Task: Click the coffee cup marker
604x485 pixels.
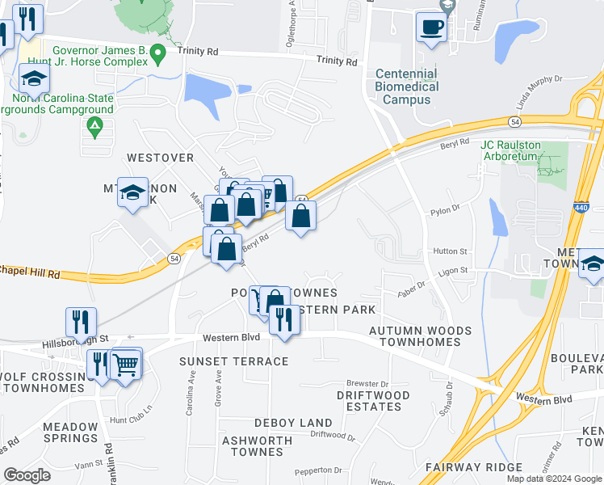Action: click(x=431, y=27)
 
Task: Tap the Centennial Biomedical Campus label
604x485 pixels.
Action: click(x=407, y=86)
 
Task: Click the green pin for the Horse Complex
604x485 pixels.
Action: click(x=158, y=54)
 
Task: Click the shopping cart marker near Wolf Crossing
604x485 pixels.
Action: click(x=125, y=364)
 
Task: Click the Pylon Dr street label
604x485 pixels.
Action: click(x=445, y=209)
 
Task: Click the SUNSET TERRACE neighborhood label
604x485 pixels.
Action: click(x=233, y=361)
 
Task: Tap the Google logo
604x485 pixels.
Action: click(x=27, y=475)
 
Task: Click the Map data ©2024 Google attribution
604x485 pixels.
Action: click(x=553, y=479)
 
